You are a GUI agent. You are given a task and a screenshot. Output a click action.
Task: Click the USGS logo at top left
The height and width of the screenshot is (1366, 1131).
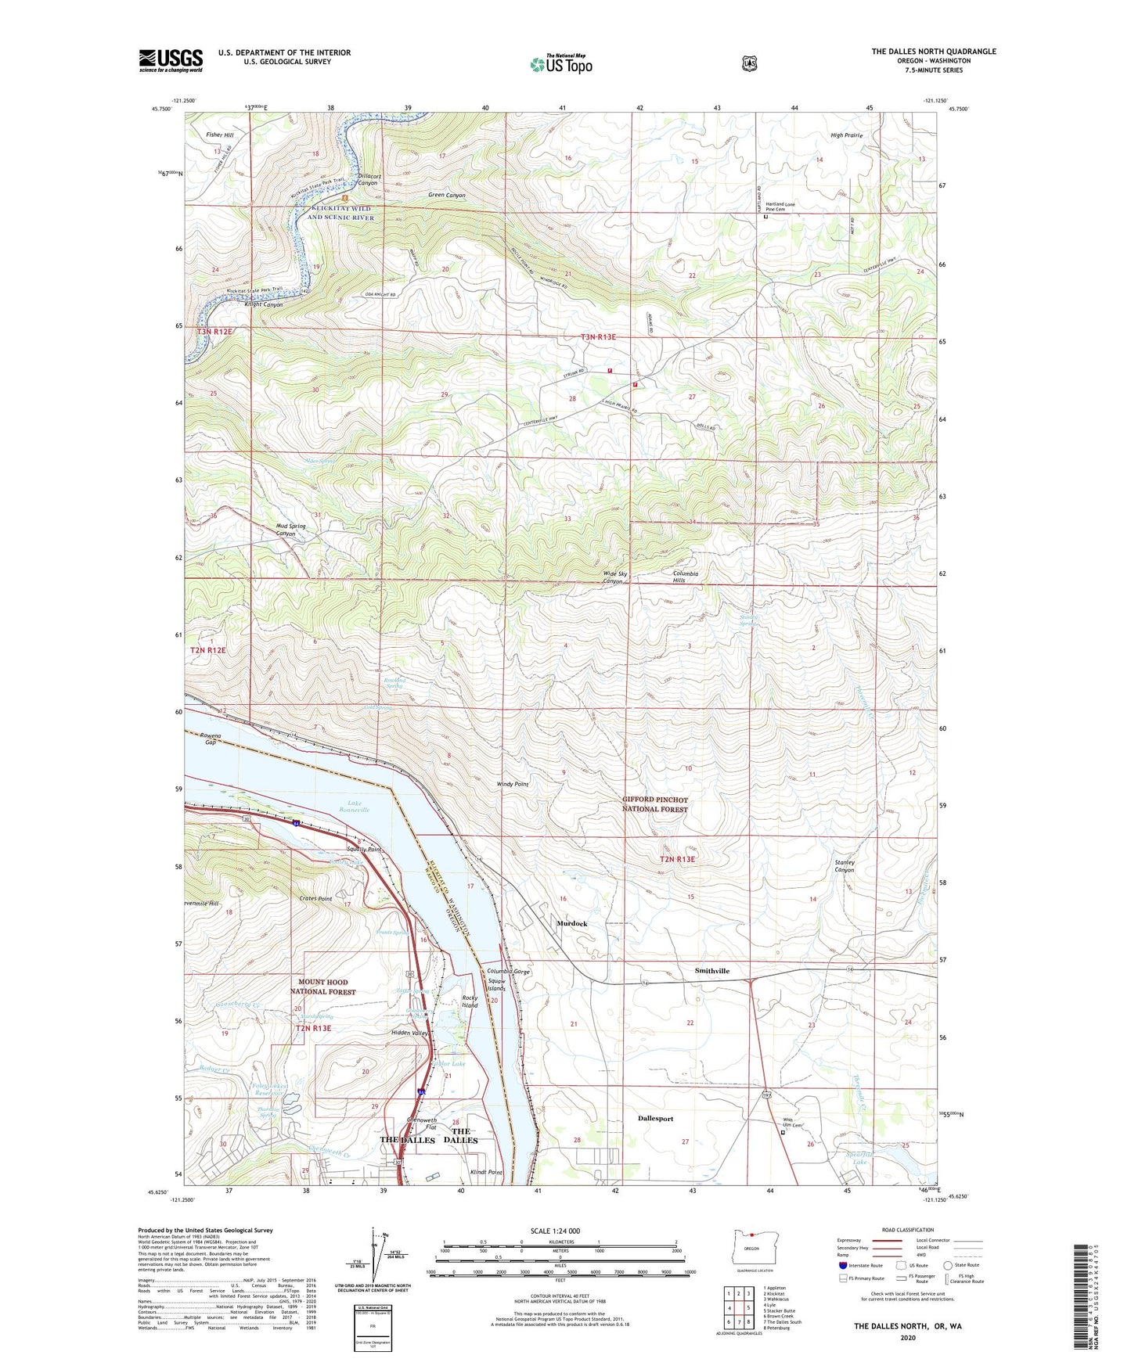(x=171, y=60)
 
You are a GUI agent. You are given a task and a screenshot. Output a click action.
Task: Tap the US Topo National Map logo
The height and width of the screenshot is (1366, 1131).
(x=560, y=64)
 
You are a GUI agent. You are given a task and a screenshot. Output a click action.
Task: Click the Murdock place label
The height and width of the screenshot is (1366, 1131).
(x=571, y=924)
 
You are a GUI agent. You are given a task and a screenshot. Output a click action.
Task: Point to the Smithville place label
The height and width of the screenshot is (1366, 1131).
(x=711, y=971)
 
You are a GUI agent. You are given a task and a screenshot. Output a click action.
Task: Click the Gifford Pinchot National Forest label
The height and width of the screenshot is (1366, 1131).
(x=654, y=804)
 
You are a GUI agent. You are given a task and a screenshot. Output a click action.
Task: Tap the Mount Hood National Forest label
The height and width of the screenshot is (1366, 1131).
(x=323, y=987)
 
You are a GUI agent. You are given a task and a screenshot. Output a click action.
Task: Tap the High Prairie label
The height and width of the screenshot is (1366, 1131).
(x=846, y=135)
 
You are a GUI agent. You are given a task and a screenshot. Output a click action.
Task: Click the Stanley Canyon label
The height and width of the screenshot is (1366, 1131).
(x=844, y=866)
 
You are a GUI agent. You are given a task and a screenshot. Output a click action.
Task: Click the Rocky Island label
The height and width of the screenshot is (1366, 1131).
(x=470, y=1001)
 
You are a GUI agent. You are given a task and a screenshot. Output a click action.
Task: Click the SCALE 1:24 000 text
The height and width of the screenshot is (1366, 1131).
(x=555, y=1231)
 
